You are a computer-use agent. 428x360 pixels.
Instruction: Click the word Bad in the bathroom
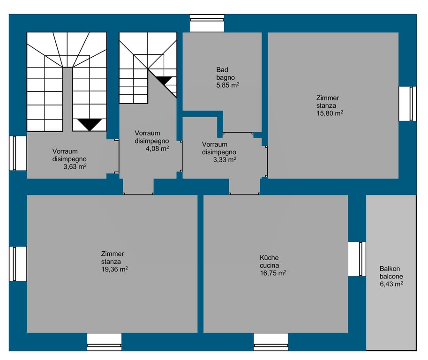point(222,70)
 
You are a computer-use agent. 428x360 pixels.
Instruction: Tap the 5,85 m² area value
point(228,85)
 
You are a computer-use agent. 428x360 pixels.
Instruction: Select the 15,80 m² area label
point(330,113)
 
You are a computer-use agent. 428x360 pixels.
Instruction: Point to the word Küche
point(269,258)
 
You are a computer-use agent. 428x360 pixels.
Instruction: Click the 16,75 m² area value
point(273,273)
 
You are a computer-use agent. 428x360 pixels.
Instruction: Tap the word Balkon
point(390,269)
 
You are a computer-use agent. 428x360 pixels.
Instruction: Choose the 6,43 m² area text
point(391,284)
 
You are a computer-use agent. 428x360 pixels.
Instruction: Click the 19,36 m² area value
point(114,269)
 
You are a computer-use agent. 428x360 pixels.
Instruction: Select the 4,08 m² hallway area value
point(157,149)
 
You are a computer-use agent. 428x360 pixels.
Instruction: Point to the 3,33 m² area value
point(225,160)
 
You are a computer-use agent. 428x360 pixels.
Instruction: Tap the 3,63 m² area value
point(75,166)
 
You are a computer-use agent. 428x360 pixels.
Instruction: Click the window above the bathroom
point(207,23)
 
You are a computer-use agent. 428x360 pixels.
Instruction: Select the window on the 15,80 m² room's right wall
point(407,104)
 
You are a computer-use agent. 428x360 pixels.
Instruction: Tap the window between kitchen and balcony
point(357,259)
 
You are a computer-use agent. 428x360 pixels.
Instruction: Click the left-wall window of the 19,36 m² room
point(18,264)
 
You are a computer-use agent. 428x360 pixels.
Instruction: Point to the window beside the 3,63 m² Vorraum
point(18,153)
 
